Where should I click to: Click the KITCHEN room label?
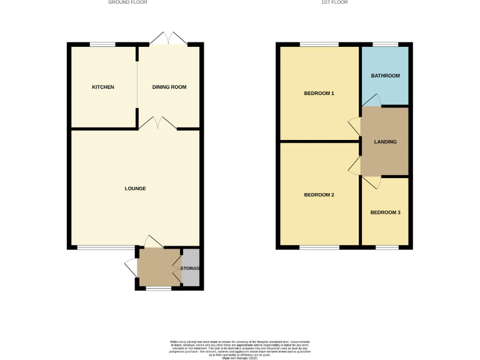coord(103,87)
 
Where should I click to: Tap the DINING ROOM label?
coord(169,87)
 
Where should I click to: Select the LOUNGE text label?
coord(135,188)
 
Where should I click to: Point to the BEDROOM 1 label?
coord(319,94)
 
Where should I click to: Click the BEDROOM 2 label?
coord(319,195)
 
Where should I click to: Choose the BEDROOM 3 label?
coord(385,212)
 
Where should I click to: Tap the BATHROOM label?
coord(385,76)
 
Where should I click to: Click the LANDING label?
coord(385,142)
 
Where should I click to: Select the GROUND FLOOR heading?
coord(127,2)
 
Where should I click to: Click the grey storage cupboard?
coord(191,268)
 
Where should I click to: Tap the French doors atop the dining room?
coord(169,39)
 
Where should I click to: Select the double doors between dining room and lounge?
coord(157,124)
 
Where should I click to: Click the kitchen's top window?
coord(102,44)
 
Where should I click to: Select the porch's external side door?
coord(131,268)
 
